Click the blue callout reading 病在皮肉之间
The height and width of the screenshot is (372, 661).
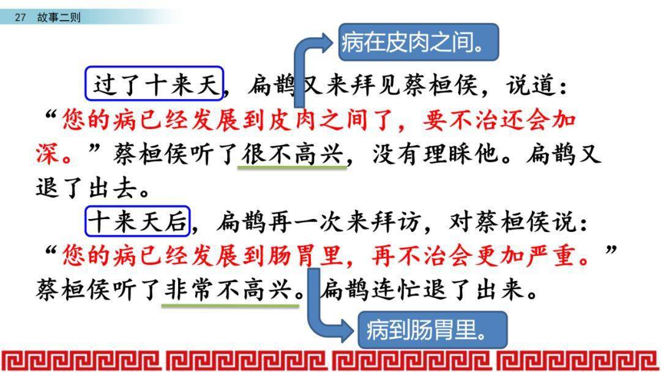pyautogui.click(x=419, y=42)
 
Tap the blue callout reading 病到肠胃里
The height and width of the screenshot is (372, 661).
pyautogui.click(x=433, y=330)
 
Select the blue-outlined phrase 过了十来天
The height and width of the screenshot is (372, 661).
pyautogui.click(x=154, y=83)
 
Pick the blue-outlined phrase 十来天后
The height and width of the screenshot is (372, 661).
pyautogui.click(x=138, y=221)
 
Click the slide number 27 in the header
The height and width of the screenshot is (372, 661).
pyautogui.click(x=20, y=17)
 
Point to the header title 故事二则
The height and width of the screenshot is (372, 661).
pyautogui.click(x=59, y=17)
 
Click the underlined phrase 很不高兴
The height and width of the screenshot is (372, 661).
pyautogui.click(x=292, y=154)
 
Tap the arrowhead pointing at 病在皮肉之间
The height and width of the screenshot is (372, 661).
pyautogui.click(x=327, y=43)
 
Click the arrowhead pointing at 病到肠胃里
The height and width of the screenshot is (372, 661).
pyautogui.click(x=347, y=330)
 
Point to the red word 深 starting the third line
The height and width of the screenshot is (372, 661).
pyautogui.click(x=47, y=154)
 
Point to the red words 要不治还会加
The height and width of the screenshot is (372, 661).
pyautogui.click(x=499, y=120)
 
